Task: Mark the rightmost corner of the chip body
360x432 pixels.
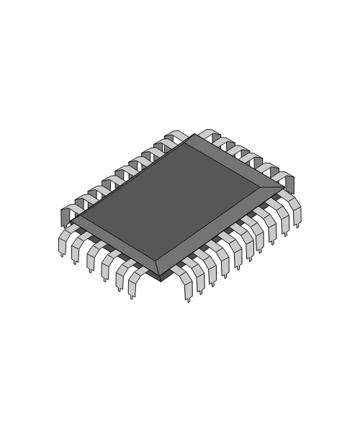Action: [x=285, y=189]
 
